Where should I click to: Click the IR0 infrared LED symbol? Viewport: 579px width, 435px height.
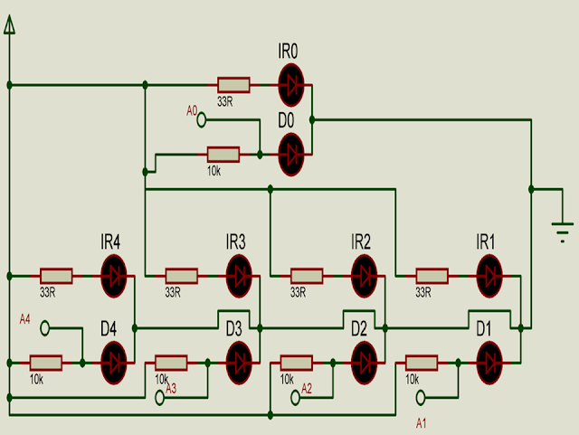click(291, 85)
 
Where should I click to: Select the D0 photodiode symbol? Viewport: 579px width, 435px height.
click(291, 155)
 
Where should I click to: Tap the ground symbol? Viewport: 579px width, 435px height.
click(563, 232)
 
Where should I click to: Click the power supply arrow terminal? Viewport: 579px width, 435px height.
click(10, 25)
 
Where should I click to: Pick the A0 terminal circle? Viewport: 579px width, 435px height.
click(201, 120)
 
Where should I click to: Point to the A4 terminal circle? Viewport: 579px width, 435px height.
click(44, 328)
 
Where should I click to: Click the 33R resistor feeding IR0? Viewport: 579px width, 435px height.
click(233, 85)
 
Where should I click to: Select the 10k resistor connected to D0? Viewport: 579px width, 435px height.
click(223, 155)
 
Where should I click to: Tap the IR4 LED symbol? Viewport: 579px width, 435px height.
click(114, 276)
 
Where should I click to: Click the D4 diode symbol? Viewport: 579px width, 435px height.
click(114, 363)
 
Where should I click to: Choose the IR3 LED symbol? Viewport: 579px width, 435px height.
click(239, 276)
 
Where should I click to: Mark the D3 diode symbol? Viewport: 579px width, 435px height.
click(239, 363)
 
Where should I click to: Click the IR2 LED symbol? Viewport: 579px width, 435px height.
click(365, 276)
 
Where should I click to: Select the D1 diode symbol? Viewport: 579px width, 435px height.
click(489, 363)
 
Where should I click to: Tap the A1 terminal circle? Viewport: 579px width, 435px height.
click(420, 398)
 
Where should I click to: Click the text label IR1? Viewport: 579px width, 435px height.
click(485, 241)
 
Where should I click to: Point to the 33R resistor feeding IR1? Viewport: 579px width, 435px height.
click(432, 276)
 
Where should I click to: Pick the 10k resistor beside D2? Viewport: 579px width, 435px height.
click(297, 363)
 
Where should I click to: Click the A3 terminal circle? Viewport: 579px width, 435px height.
click(159, 398)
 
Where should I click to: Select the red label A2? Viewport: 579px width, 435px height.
click(307, 389)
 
